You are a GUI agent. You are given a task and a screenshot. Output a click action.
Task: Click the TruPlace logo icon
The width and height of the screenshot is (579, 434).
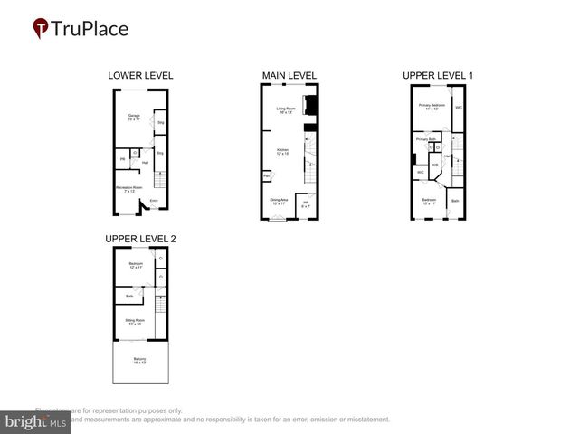pyautogui.click(x=41, y=29)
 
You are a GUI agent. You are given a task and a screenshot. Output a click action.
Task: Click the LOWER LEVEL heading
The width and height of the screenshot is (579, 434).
pyautogui.click(x=140, y=75)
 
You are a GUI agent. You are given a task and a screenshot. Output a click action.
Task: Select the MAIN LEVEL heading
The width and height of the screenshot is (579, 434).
pyautogui.click(x=289, y=75)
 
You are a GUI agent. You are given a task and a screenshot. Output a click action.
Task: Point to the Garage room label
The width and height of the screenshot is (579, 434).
pyautogui.click(x=133, y=117)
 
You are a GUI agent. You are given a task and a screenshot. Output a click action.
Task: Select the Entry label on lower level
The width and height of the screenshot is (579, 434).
pyautogui.click(x=153, y=200)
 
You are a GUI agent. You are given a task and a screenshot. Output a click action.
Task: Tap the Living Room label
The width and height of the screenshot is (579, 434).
pyautogui.click(x=287, y=109)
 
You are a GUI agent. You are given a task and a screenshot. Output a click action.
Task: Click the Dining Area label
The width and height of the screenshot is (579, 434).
pyautogui.click(x=279, y=201)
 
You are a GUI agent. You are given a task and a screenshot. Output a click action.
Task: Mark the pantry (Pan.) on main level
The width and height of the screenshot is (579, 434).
pyautogui.click(x=267, y=175)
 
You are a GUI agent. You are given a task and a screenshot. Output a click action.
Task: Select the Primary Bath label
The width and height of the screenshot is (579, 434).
pyautogui.click(x=426, y=139)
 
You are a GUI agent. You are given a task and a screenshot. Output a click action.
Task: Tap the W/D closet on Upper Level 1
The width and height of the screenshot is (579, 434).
pyautogui.click(x=435, y=165)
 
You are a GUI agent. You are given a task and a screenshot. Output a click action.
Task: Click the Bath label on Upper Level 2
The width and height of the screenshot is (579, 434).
pyautogui.click(x=129, y=296)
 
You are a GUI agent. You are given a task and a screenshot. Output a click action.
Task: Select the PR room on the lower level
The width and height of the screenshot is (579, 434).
pyautogui.click(x=122, y=160)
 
